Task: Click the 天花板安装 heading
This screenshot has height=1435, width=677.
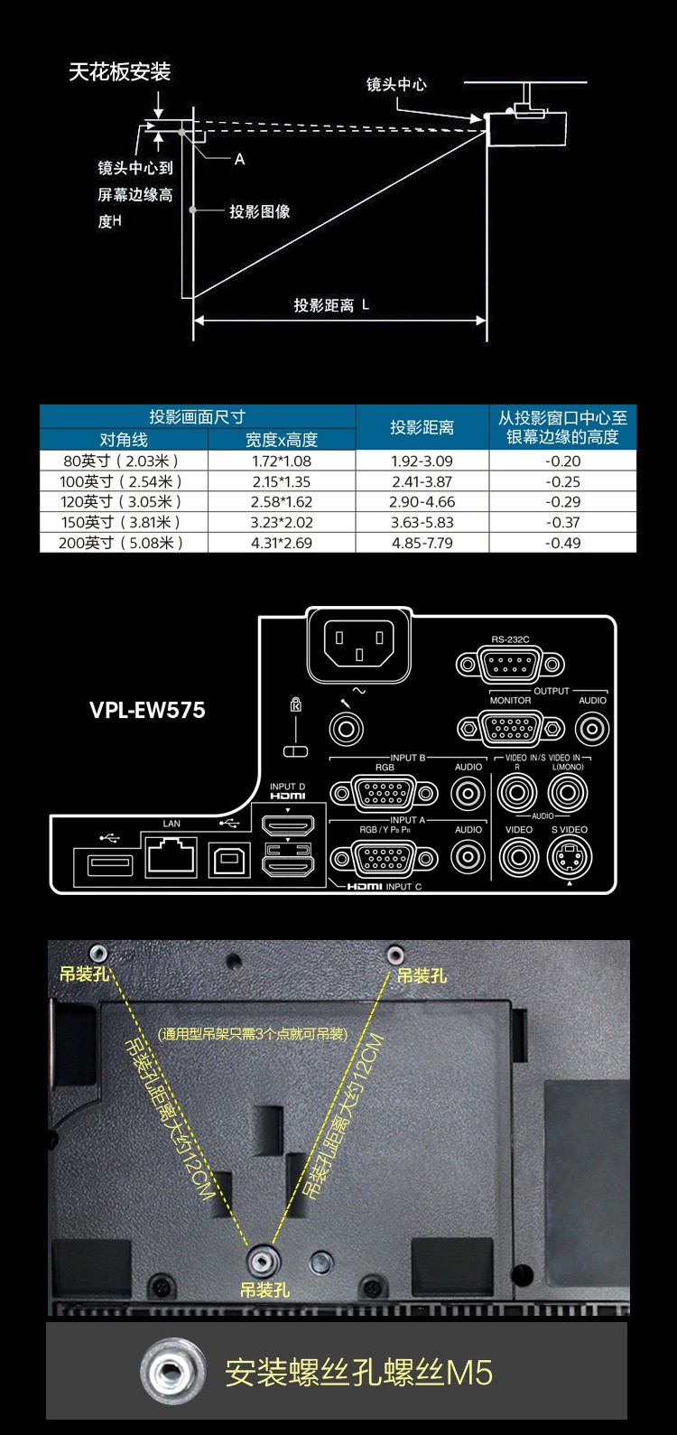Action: [x=119, y=72]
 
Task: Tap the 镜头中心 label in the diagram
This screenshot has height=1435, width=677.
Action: [x=396, y=85]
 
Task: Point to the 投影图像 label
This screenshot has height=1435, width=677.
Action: [x=260, y=211]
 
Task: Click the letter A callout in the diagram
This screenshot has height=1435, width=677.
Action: [x=239, y=159]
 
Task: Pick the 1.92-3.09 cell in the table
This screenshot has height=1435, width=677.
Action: [x=422, y=461]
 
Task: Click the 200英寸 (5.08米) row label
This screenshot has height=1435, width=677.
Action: [x=123, y=543]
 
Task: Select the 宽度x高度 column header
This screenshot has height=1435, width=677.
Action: [x=281, y=440]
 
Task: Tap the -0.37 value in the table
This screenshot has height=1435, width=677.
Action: [x=562, y=522]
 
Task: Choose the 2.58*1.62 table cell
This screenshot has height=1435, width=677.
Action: [x=281, y=501]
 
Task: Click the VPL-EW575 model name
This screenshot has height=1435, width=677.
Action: [x=147, y=710]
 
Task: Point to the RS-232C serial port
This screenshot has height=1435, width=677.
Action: [x=511, y=666]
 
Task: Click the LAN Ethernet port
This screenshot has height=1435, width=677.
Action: [x=172, y=855]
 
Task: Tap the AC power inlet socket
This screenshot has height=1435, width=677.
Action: [x=358, y=644]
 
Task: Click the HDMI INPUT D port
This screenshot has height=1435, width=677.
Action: [x=287, y=825]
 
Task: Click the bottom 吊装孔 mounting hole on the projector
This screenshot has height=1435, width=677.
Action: [x=263, y=1257]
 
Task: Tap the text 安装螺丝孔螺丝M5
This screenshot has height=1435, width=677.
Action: [x=359, y=1373]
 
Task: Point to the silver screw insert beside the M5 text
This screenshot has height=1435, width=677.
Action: [x=169, y=1373]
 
